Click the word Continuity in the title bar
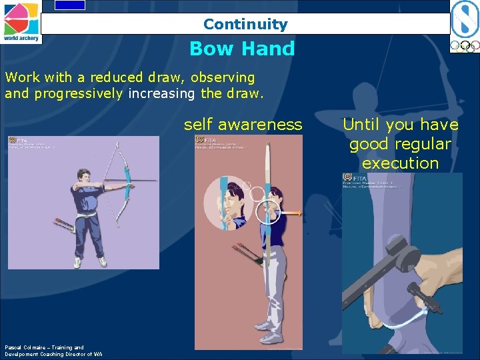click(x=245, y=25)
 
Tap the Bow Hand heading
click(x=242, y=49)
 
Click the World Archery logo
click(x=21, y=21)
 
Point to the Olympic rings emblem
click(x=464, y=47)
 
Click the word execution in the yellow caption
click(x=400, y=163)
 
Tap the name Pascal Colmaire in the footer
click(x=25, y=347)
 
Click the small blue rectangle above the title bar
click(x=69, y=5)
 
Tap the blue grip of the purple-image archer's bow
click(x=125, y=179)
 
